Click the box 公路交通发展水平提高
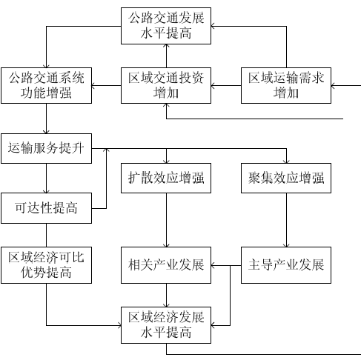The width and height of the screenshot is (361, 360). pyautogui.click(x=166, y=26)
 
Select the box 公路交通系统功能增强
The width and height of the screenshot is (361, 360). pyautogui.click(x=46, y=85)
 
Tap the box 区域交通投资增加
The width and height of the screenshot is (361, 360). pyautogui.click(x=166, y=85)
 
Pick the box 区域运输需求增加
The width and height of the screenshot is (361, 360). pyautogui.click(x=286, y=85)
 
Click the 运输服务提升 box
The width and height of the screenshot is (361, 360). pyautogui.click(x=46, y=148)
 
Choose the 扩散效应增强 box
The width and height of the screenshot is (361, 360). pyautogui.click(x=166, y=178)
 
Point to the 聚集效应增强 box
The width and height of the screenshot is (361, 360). pyautogui.click(x=286, y=178)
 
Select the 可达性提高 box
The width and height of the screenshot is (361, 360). pyautogui.click(x=46, y=208)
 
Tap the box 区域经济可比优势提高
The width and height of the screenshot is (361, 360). pyautogui.click(x=46, y=265)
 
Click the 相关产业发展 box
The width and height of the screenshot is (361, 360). pyautogui.click(x=166, y=265)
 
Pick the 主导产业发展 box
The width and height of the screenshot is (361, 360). pyautogui.click(x=286, y=265)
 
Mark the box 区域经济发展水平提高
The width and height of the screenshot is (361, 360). pyautogui.click(x=166, y=325)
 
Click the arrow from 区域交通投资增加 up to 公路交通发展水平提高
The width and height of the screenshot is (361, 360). pyautogui.click(x=166, y=56)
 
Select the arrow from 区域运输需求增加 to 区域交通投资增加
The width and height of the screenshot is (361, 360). pyautogui.click(x=226, y=86)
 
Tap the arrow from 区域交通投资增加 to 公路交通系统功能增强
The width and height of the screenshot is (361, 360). pyautogui.click(x=106, y=86)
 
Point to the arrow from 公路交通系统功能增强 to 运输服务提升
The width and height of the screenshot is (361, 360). pyautogui.click(x=46, y=119)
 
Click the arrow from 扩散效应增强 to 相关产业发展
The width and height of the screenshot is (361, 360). pyautogui.click(x=166, y=220)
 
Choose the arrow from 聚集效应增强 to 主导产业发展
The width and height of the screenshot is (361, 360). pyautogui.click(x=286, y=220)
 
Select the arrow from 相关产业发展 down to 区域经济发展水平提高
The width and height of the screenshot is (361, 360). pyautogui.click(x=166, y=295)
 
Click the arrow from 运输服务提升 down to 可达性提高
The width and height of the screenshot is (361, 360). pyautogui.click(x=46, y=179)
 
